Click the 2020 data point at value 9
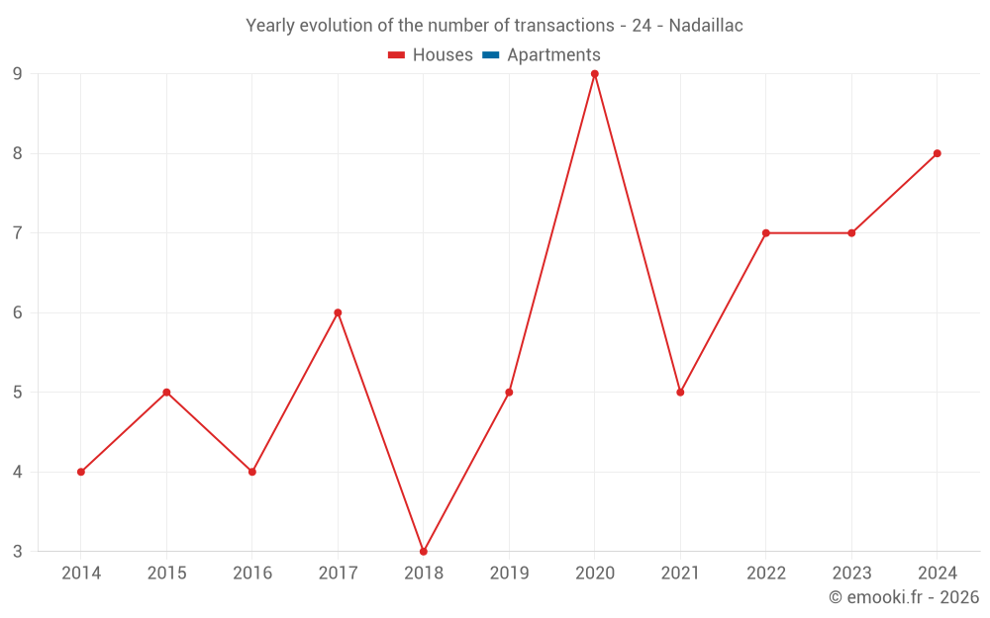[595, 74]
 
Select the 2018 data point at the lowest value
[424, 552]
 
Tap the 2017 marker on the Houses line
[338, 312]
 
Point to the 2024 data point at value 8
[938, 153]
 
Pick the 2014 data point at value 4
[81, 472]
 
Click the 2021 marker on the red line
[680, 393]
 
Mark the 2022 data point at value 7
[766, 233]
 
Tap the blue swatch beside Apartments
[491, 55]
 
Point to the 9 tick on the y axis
[18, 74]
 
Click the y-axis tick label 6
[18, 312]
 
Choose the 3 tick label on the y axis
[18, 552]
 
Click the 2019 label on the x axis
[509, 574]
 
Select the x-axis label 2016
[252, 574]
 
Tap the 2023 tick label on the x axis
[851, 574]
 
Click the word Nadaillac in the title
[706, 26]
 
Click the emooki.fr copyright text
[904, 597]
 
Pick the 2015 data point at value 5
[166, 393]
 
